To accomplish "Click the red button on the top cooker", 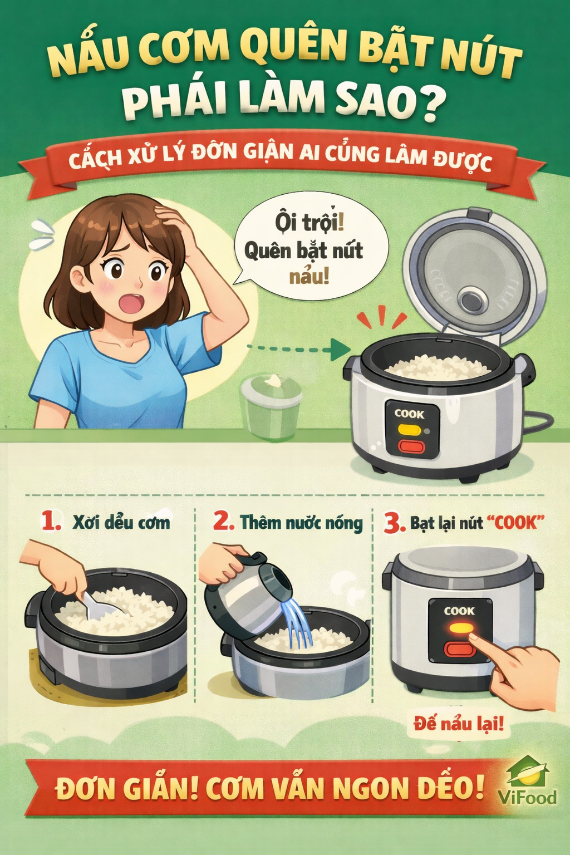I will (x=411, y=446).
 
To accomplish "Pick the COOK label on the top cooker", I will (x=409, y=414).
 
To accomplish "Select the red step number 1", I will (x=51, y=522).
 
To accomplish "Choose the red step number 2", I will (x=223, y=522).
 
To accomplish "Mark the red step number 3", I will (x=394, y=523).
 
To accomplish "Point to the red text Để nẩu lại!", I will (x=458, y=724).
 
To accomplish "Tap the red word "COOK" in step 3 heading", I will (x=514, y=523).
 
